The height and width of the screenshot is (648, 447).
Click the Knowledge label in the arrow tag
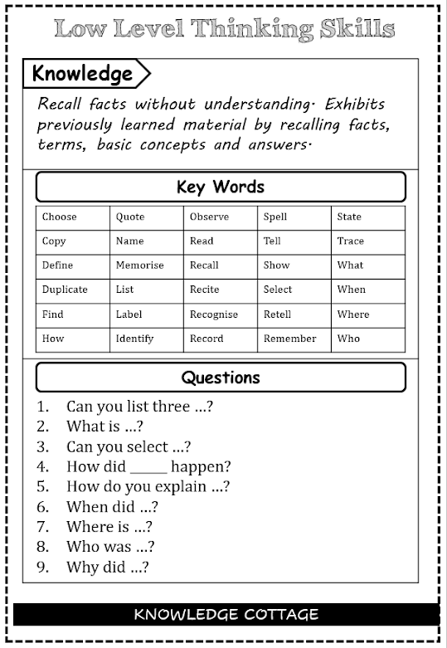82,74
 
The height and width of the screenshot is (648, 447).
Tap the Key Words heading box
221,187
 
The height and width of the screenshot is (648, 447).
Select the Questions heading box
221,378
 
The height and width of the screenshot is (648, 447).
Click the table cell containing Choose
73,217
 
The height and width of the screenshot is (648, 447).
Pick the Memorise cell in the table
147,266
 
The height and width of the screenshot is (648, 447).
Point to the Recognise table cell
221,314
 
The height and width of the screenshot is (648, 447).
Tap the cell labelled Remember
294,339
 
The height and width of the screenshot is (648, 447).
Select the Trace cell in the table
367,241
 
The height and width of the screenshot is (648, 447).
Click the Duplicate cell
73,290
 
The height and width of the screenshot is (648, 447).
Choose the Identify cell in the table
147,339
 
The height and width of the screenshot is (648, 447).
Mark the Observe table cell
221,217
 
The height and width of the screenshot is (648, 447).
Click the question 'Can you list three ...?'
140,407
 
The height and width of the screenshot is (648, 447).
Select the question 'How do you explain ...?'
148,487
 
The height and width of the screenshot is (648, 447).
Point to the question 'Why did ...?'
107,568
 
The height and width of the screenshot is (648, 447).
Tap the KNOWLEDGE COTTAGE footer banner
226,615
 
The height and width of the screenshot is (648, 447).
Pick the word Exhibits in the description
355,105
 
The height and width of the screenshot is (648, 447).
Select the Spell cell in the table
294,217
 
